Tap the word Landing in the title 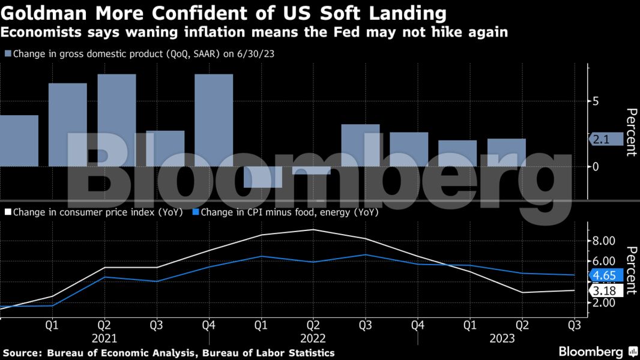403,13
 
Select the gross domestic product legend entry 143,53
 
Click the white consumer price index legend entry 97,212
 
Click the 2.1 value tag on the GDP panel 600,140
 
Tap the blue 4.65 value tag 603,275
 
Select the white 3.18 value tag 603,291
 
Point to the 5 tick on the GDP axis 596,101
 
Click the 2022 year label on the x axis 312,338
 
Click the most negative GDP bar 262,177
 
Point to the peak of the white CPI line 312,230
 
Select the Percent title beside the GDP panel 630,132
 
